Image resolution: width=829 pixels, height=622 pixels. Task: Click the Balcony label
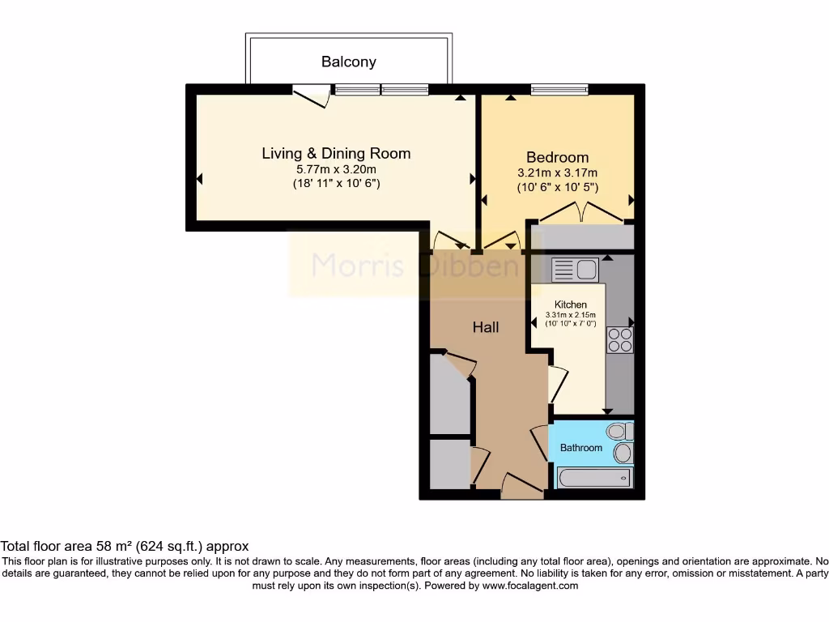348,62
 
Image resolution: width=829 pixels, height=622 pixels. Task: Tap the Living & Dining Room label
336,153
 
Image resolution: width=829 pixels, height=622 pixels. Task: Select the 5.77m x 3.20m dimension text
336,169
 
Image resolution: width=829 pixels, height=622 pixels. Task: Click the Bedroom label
557,157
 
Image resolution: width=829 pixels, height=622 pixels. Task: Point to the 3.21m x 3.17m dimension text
557,173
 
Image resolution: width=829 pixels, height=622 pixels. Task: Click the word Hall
486,327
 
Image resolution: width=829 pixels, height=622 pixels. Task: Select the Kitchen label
570,305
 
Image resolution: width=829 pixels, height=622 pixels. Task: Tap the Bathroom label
581,448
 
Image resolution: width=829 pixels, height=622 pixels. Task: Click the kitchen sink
574,269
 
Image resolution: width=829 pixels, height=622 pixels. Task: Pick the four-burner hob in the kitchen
620,339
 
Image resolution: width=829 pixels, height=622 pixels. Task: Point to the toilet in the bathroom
620,431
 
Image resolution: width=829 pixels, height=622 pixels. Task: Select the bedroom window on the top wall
559,89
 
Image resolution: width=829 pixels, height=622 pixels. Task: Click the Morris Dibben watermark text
415,265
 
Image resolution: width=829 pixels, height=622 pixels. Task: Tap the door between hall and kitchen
557,383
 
